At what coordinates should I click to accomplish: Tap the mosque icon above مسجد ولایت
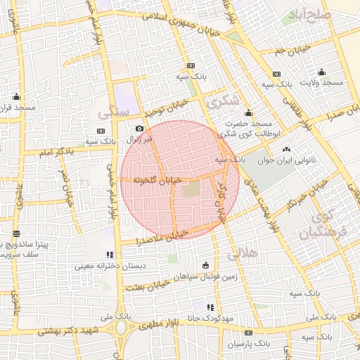321,72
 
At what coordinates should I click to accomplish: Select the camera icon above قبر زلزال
139,129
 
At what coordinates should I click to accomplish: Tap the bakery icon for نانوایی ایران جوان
285,149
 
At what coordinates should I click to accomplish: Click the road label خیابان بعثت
146,285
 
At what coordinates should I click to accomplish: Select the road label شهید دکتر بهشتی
75,330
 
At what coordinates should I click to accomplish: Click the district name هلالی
244,251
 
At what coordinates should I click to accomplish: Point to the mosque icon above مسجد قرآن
16,96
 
